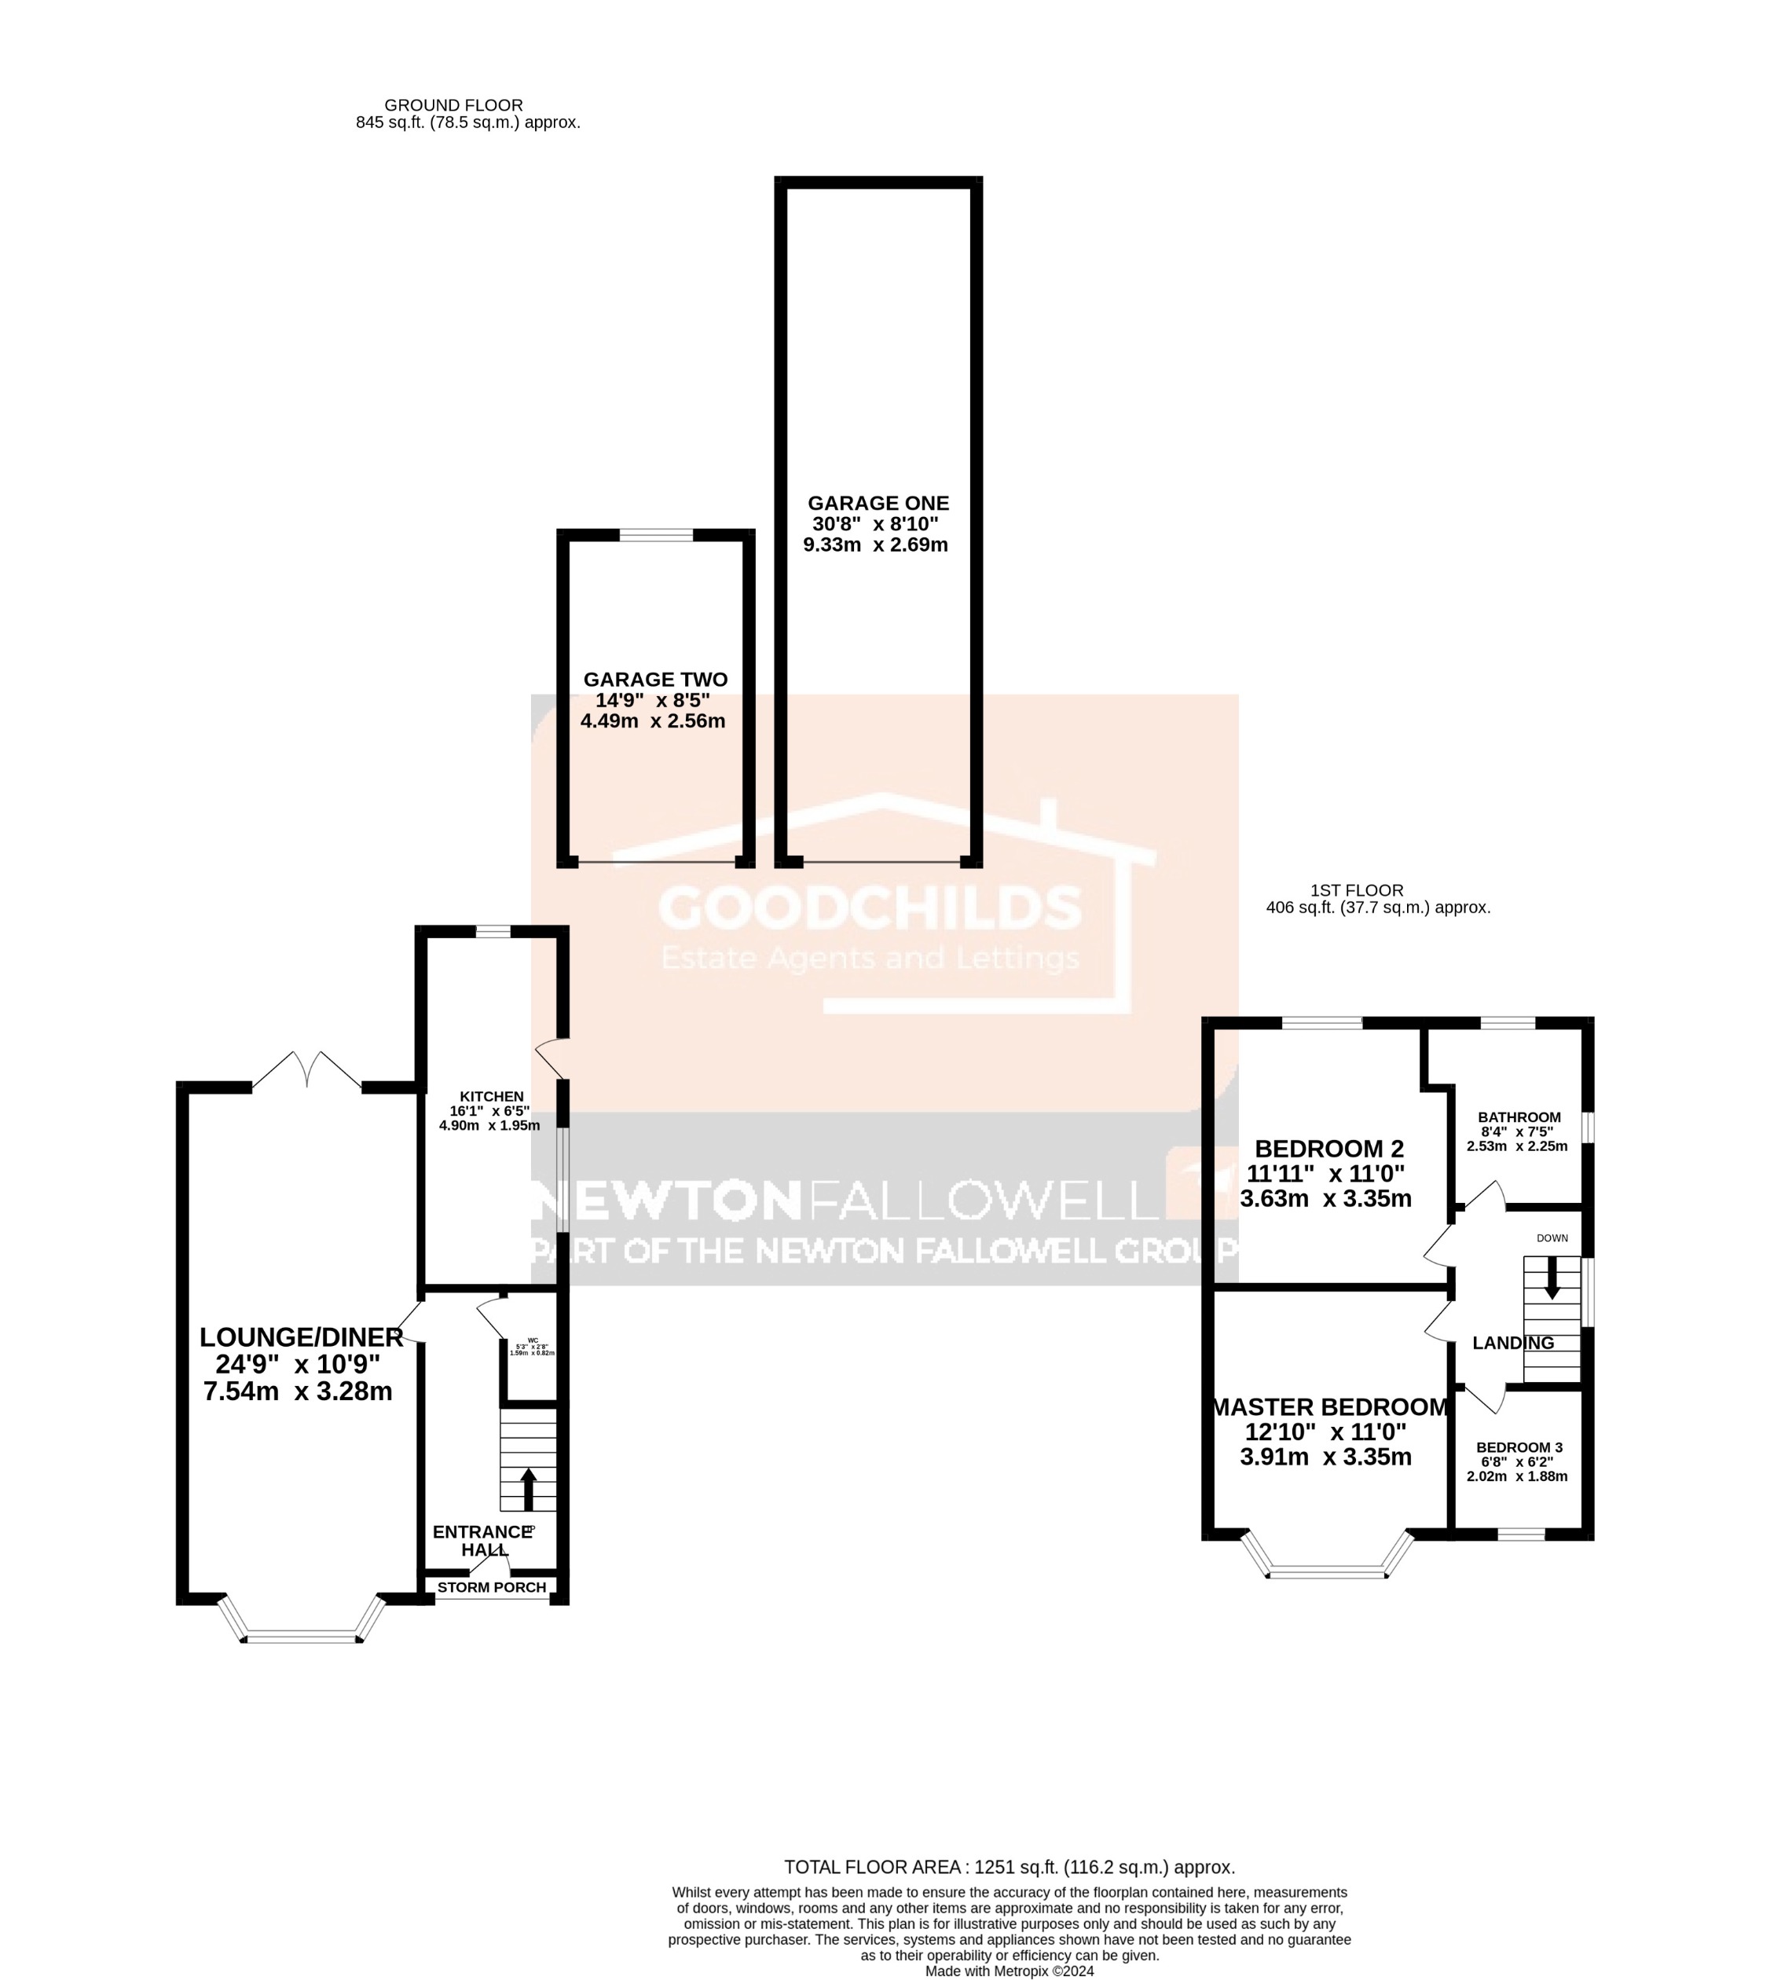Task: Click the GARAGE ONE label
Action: tap(878, 503)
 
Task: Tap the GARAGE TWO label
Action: tap(654, 680)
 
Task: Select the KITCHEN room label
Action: tap(491, 1096)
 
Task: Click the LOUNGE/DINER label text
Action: tap(301, 1337)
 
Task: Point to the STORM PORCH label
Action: tap(491, 1587)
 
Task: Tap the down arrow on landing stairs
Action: tap(1551, 1278)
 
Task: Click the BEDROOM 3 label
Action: tap(1518, 1447)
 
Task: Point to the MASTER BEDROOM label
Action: tap(1329, 1407)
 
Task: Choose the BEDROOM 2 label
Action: tap(1328, 1149)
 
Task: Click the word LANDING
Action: tap(1512, 1343)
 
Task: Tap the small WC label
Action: tap(532, 1340)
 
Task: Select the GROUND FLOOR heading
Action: tap(453, 105)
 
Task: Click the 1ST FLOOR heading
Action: tap(1356, 890)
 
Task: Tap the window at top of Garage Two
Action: tap(655, 535)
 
